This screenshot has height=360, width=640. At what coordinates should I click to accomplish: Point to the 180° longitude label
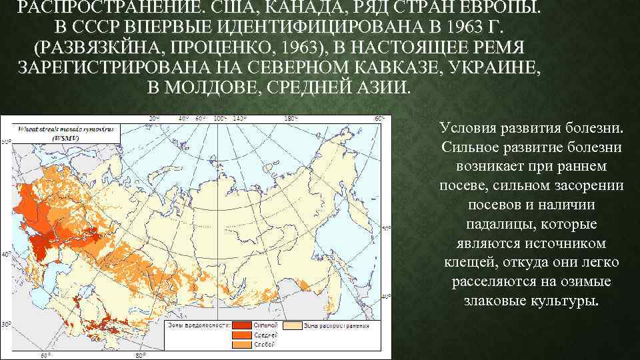[291, 118]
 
